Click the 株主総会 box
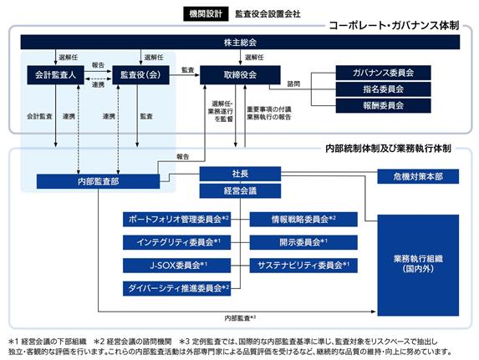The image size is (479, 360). click(x=240, y=42)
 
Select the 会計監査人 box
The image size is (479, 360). click(x=55, y=75)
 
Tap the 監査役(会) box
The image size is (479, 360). click(x=140, y=75)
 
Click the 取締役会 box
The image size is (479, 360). click(x=240, y=75)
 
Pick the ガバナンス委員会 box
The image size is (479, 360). click(x=384, y=73)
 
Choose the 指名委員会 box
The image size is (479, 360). click(x=384, y=89)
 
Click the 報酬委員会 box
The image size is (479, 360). click(x=384, y=105)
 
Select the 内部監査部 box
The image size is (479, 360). click(x=98, y=181)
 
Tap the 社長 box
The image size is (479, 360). click(x=240, y=174)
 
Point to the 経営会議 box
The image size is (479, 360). click(x=240, y=190)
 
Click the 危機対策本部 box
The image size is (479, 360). click(x=418, y=176)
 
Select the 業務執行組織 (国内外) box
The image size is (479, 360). click(x=418, y=265)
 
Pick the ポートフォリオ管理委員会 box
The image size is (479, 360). click(x=176, y=219)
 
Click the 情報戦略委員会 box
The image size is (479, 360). click(x=303, y=219)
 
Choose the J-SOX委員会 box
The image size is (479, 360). click(x=176, y=266)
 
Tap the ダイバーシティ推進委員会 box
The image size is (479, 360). click(x=176, y=288)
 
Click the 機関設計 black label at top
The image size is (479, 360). click(x=206, y=13)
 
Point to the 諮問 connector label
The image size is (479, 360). click(x=293, y=84)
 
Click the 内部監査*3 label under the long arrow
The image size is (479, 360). click(x=240, y=318)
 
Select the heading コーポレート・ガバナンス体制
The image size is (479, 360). click(x=394, y=26)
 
